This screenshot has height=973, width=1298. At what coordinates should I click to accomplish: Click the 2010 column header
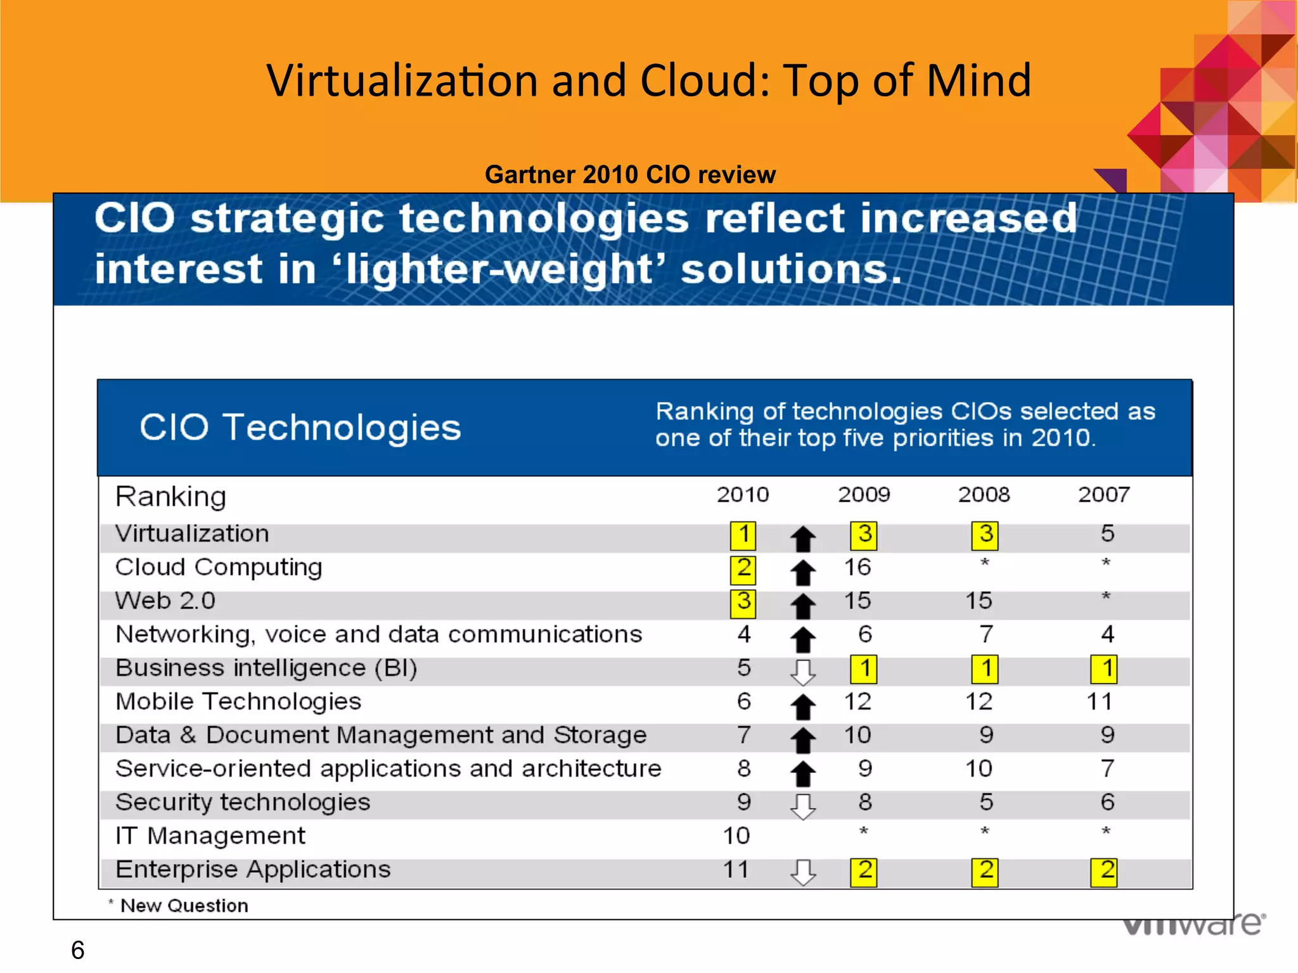coord(742,494)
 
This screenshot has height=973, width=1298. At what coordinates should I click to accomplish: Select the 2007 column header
coord(1103,494)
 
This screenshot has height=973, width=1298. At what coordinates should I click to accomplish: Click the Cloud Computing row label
coord(219,567)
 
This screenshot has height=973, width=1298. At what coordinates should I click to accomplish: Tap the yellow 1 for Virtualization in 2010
coord(743,535)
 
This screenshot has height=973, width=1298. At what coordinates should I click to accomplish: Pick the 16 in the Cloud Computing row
coord(857,567)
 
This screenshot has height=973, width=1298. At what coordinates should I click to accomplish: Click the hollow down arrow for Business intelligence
coord(803,671)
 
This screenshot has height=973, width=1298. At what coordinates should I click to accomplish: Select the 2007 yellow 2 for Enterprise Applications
coord(1103,872)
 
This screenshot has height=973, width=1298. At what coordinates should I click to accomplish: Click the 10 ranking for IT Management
coord(736,836)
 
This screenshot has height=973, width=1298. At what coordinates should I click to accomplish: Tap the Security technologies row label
coord(243,803)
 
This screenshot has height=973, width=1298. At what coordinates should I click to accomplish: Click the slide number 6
coord(77,950)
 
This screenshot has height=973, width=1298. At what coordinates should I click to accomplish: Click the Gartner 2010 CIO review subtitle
coord(630,174)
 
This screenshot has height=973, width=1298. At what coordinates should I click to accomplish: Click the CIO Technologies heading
coord(300,427)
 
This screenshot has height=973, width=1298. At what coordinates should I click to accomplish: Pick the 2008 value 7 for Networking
coord(986,634)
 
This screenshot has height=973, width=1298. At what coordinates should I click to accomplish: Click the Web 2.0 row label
coord(165,601)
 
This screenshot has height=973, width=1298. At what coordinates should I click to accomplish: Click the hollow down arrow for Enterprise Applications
coord(803,872)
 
